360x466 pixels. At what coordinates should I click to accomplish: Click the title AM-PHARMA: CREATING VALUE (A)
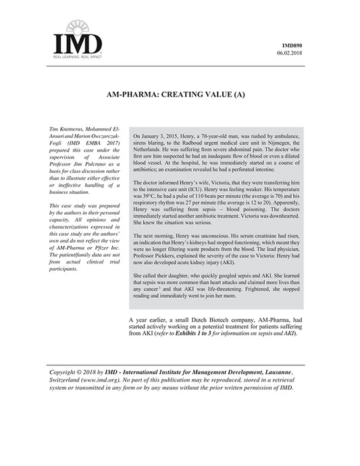point(178,96)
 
